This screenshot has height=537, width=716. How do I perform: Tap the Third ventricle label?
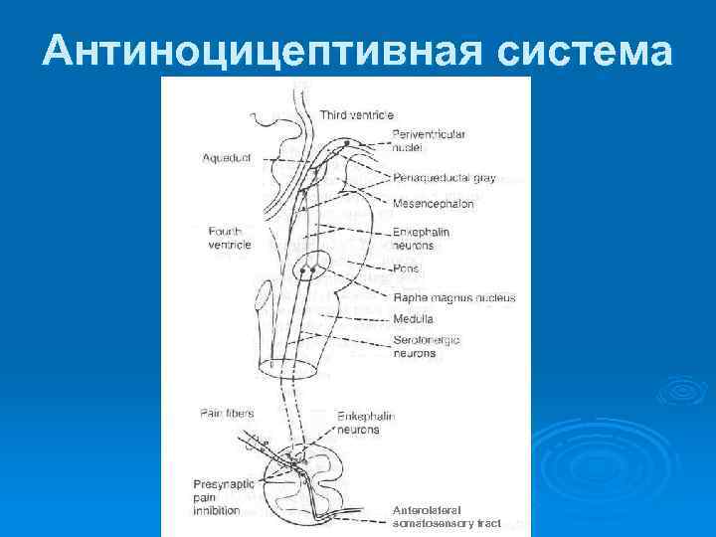(x=356, y=116)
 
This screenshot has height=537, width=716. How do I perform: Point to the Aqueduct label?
(x=226, y=158)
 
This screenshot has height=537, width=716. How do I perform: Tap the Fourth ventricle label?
(x=230, y=238)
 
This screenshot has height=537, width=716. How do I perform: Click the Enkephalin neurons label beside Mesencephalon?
(x=421, y=239)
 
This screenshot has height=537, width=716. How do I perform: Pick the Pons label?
(x=406, y=268)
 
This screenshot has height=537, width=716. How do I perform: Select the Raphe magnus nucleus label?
(x=453, y=297)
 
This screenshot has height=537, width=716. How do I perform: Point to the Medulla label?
(x=413, y=319)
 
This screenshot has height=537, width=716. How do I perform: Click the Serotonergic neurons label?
(x=426, y=346)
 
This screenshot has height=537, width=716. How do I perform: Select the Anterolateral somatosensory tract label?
(x=447, y=516)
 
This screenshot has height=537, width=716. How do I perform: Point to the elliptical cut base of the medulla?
(x=288, y=368)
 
